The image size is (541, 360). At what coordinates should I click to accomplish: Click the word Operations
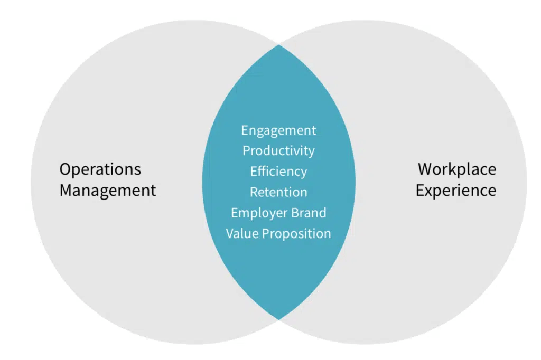[x=100, y=169]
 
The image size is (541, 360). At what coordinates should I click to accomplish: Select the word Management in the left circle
[x=108, y=190]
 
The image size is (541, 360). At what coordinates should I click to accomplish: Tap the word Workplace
[x=457, y=169]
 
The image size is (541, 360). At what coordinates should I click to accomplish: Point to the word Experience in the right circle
[x=456, y=190]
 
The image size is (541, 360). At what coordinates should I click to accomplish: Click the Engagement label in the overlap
[x=278, y=130]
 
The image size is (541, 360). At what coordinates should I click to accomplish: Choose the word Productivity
[x=278, y=151]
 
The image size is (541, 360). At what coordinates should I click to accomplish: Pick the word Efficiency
[x=278, y=172]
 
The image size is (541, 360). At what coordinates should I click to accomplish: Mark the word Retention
[x=278, y=192]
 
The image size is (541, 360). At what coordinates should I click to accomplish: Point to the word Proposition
[x=296, y=233]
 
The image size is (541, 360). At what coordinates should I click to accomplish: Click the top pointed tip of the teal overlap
[x=279, y=45]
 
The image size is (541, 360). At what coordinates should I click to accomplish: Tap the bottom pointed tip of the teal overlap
[x=279, y=319]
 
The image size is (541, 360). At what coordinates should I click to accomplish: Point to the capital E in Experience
[x=420, y=190]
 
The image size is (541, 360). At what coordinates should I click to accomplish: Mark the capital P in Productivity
[x=246, y=151]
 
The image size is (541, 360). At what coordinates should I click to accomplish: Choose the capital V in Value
[x=230, y=233]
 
